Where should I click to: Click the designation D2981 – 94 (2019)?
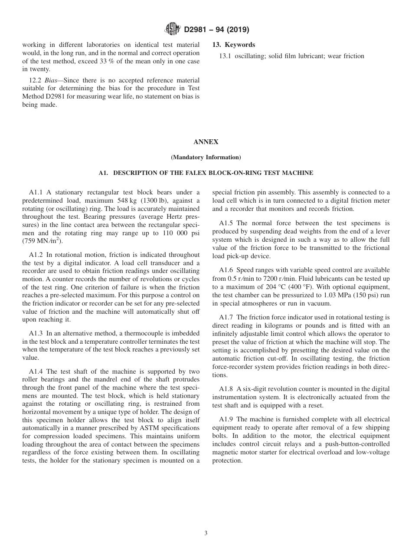[x=216, y=30]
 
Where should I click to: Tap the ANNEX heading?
[x=206, y=142]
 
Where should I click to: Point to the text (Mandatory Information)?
[x=206, y=157]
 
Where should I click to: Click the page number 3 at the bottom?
[x=206, y=533]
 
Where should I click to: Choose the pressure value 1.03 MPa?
[x=330, y=295]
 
